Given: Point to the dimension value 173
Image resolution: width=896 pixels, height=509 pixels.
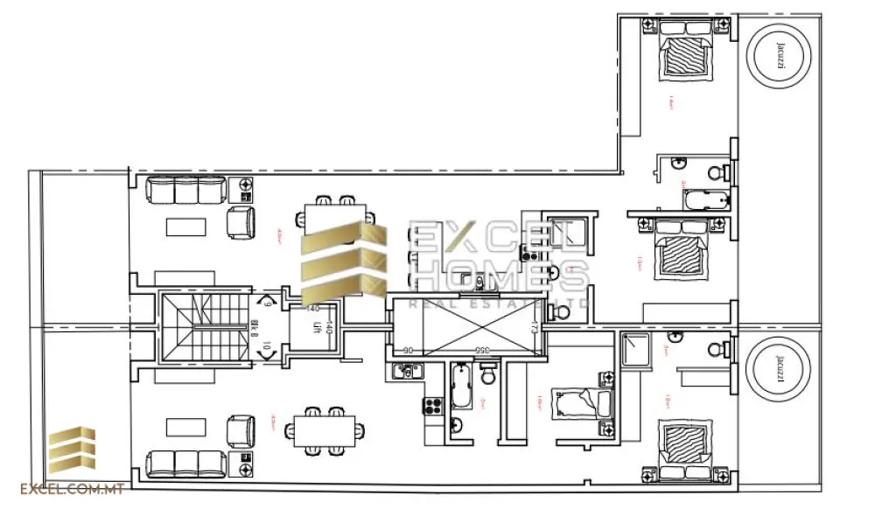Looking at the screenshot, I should click(x=533, y=328).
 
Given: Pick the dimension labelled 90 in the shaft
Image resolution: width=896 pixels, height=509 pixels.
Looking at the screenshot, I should click(x=408, y=351).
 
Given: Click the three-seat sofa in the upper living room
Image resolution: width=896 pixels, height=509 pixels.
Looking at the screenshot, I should click(x=186, y=190).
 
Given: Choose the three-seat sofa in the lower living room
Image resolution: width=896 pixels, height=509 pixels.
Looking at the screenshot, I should click(x=185, y=463).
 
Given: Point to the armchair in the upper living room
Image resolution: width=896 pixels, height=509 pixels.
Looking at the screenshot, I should click(x=241, y=222).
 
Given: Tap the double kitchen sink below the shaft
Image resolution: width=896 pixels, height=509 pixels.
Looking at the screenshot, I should click(x=407, y=371).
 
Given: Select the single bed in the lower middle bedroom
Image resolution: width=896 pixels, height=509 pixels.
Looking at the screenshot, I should click(x=581, y=403).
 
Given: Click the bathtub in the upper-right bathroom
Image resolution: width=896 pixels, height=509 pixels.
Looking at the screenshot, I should click(x=704, y=199).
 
